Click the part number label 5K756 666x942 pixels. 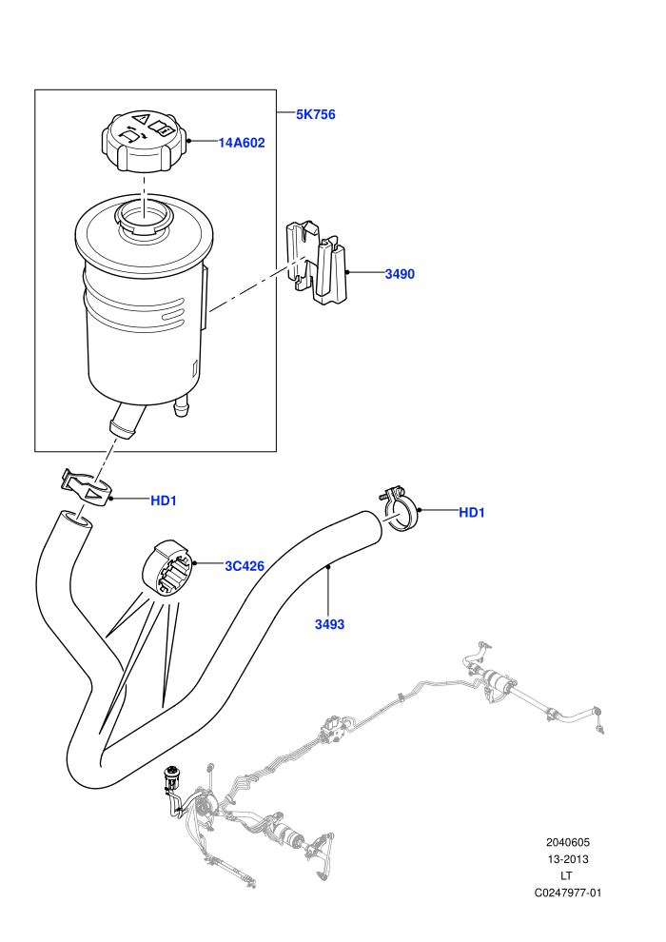(x=315, y=114)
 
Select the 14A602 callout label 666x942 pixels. (x=242, y=143)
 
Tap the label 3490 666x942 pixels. (x=400, y=274)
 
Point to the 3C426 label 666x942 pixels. (x=245, y=566)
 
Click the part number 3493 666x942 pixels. (x=330, y=624)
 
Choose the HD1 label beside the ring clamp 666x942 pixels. (x=471, y=513)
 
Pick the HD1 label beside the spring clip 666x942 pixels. (x=164, y=500)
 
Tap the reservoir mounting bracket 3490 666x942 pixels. (x=317, y=262)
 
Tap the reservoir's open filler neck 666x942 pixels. (x=144, y=219)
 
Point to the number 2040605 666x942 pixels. (x=567, y=842)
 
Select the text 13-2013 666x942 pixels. (x=567, y=859)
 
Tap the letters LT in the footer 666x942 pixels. (x=566, y=876)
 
